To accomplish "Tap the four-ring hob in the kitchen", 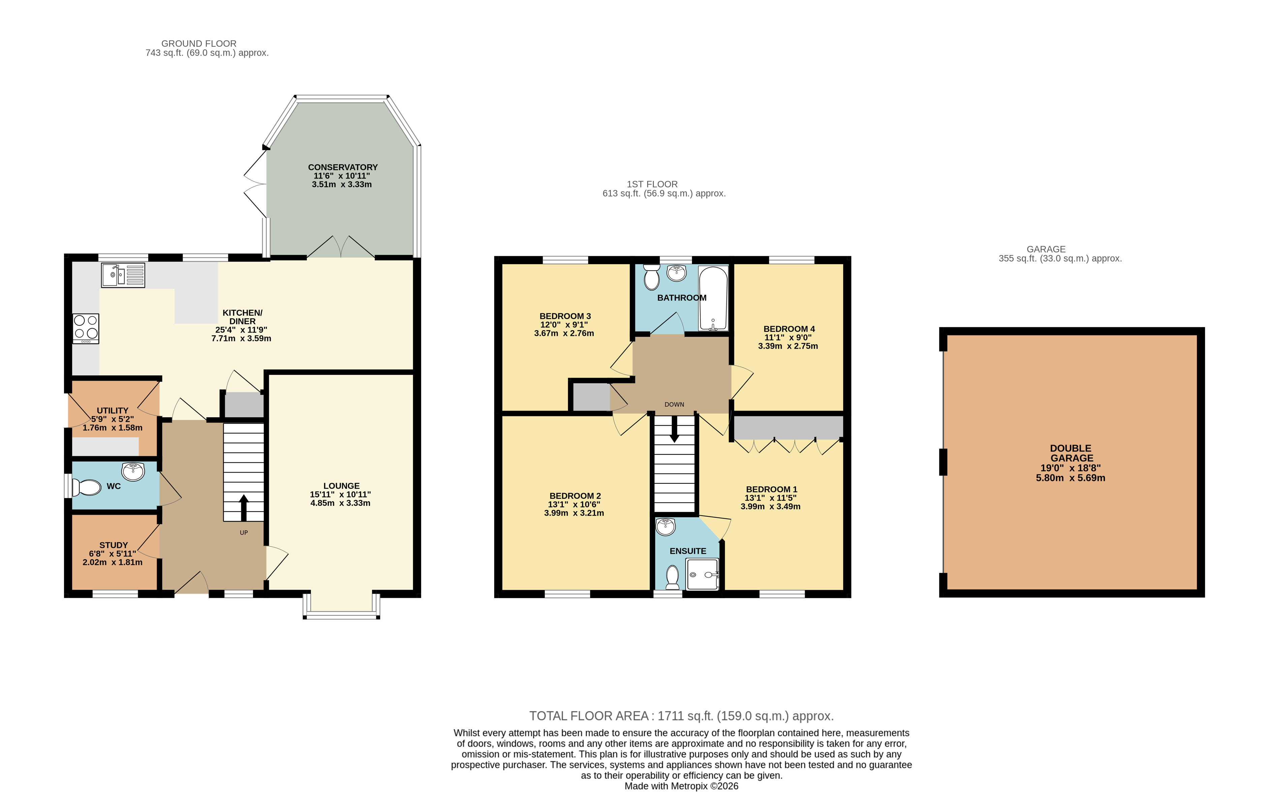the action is pos(86,329).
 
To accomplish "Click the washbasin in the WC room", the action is pos(133,471).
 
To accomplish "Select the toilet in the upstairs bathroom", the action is pos(652,278).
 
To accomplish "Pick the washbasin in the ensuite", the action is pos(666,526).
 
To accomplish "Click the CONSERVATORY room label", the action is pos(343,167).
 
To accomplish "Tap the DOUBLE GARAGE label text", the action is pos(1071,453).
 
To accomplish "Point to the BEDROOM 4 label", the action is pos(789,329).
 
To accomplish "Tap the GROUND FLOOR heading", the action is pos(199,43).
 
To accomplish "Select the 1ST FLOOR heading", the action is pos(652,184).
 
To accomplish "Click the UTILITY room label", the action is pos(113,411).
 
